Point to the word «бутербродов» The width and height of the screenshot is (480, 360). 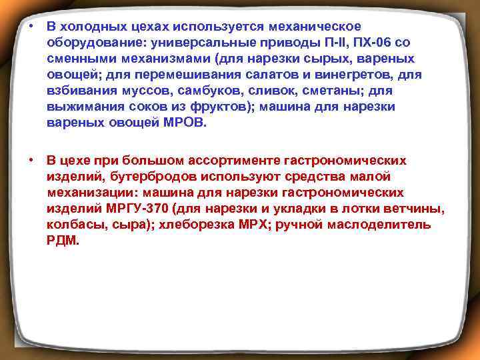click(151, 177)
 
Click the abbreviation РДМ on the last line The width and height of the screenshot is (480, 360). click(63, 241)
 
